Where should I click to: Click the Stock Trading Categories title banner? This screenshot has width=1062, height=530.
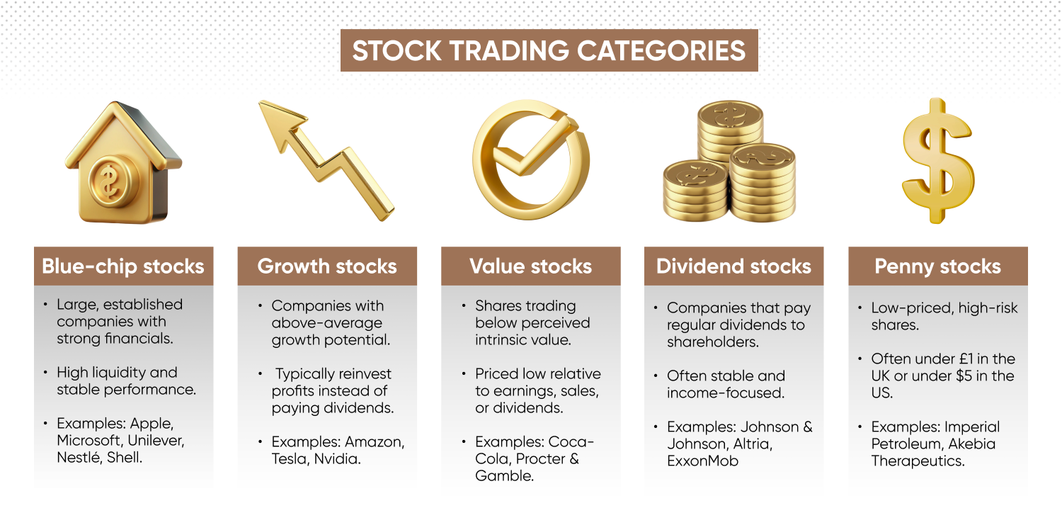549,50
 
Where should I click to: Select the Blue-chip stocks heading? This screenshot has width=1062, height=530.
123,266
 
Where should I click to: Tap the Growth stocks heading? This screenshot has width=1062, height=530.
327,266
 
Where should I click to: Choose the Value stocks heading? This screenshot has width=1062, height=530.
530,266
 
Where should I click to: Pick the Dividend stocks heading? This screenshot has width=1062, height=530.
733,266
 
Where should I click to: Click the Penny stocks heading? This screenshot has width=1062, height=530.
937,266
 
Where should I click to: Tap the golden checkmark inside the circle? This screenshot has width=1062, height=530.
527,149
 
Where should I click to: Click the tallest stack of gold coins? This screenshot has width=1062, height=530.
729,135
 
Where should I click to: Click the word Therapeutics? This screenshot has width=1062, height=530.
917,461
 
